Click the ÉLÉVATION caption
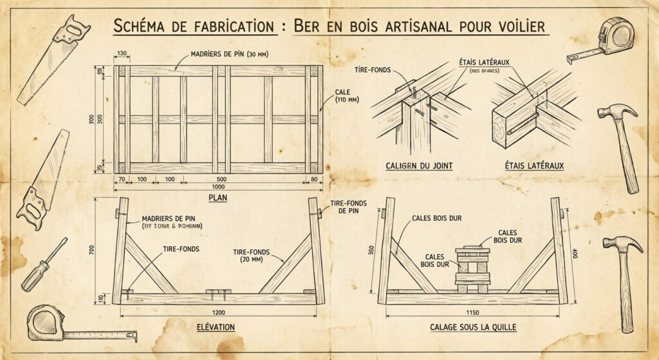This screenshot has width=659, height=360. point(216,328)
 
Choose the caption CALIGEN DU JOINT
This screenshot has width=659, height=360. point(419,166)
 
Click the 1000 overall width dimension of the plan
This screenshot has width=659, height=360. point(218,185)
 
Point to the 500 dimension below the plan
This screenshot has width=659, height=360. point(221,178)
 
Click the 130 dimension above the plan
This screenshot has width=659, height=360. point(120,53)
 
